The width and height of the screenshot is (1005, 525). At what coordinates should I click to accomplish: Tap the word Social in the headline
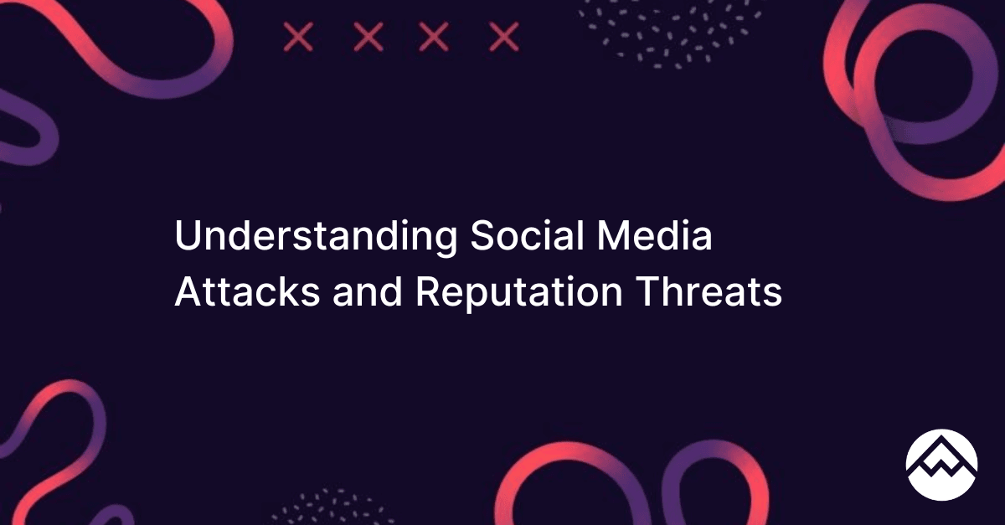tap(527, 235)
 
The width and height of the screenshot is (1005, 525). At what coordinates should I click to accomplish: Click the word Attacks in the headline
tap(247, 291)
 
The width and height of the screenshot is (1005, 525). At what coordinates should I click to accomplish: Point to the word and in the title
tap(368, 291)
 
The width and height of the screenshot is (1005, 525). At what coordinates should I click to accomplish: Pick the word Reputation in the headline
tap(519, 294)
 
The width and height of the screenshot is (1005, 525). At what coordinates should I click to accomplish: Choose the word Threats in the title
tap(709, 291)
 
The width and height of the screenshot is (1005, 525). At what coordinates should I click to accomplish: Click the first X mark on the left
tap(298, 37)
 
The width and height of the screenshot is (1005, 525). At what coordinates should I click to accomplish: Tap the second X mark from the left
tap(368, 37)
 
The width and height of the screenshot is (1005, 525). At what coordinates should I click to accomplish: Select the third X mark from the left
tap(434, 37)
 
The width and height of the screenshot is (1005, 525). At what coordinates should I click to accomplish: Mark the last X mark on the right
tap(504, 37)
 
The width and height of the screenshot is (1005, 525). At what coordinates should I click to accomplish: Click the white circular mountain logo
tap(941, 465)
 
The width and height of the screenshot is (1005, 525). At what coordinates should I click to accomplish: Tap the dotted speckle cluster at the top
tap(671, 33)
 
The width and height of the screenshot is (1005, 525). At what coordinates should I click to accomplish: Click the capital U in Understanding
tap(189, 235)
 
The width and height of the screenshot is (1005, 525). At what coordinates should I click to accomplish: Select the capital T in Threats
tap(648, 291)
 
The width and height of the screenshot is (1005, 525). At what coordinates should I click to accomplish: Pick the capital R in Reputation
tap(430, 291)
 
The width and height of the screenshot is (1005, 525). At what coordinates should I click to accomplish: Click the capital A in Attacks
tap(190, 291)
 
